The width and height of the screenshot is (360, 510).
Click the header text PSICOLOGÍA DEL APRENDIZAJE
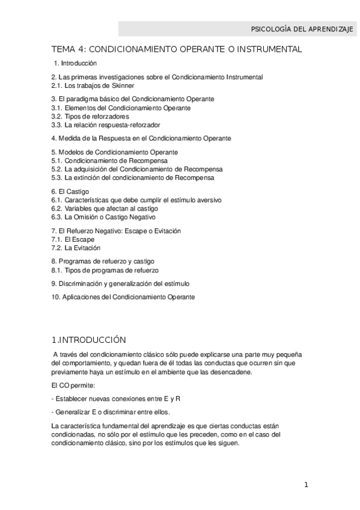[301, 29]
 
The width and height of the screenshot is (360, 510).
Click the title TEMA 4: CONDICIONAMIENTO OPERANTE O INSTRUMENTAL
[177, 49]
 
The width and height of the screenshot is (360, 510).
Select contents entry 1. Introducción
[75, 63]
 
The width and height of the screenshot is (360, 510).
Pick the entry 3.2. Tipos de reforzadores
[90, 116]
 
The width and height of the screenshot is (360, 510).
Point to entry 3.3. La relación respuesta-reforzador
[106, 124]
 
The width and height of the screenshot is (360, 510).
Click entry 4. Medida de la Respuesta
[141, 138]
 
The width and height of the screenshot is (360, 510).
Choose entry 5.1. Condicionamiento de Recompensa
[109, 161]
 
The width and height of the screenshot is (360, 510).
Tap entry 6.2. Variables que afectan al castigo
[105, 208]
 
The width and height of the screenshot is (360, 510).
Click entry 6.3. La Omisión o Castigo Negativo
[103, 217]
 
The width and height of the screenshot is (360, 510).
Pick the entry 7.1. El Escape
[73, 239]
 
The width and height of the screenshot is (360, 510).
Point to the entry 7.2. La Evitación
[76, 248]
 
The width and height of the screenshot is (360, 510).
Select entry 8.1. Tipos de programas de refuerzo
[102, 270]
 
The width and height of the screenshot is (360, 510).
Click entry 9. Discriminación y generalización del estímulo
[120, 283]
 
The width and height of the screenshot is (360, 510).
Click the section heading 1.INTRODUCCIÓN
[88, 339]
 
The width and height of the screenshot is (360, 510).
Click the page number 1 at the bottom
[305, 485]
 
